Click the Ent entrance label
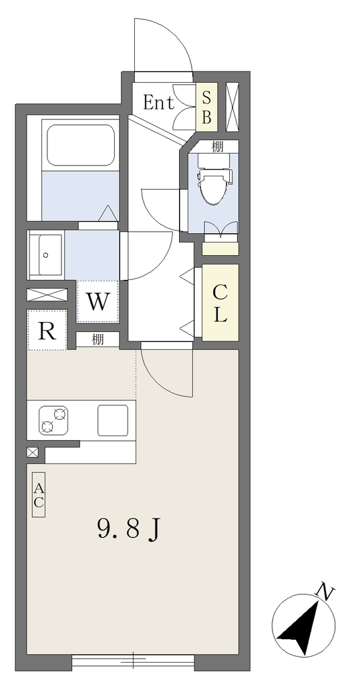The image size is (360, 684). tap(158, 103)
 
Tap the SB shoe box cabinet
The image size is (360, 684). tap(206, 107)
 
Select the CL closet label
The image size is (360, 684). tap(220, 303)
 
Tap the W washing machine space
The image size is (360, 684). tap(98, 301)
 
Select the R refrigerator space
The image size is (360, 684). tap(47, 330)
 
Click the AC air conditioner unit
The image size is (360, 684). tap(39, 495)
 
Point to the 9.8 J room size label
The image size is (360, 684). tap(128, 529)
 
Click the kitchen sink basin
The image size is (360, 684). tap(113, 420)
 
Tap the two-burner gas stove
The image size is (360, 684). tap(53, 420)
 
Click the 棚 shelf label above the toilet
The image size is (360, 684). tap(217, 147)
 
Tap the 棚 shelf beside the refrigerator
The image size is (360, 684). tap(98, 339)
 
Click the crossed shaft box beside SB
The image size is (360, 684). tap(232, 107)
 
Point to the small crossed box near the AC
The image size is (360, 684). tap(32, 452)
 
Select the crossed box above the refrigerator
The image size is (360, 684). tap(47, 295)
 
